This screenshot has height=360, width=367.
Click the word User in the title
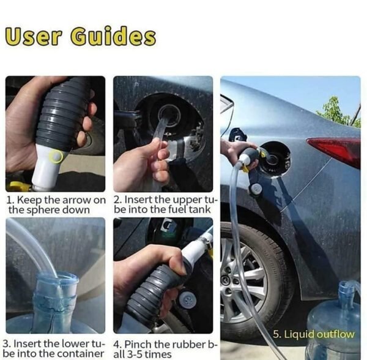coord(33,36)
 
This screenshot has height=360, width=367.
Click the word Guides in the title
coord(113,37)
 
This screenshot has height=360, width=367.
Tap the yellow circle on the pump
coord(57,157)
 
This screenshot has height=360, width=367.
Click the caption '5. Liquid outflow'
coord(313,334)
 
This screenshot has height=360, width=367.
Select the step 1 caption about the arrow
coord(56,204)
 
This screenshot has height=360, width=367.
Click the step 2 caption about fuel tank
coord(165,204)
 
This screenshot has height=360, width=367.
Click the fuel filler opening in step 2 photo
coord(169,114)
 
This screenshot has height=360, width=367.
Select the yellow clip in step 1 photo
coord(18,186)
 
